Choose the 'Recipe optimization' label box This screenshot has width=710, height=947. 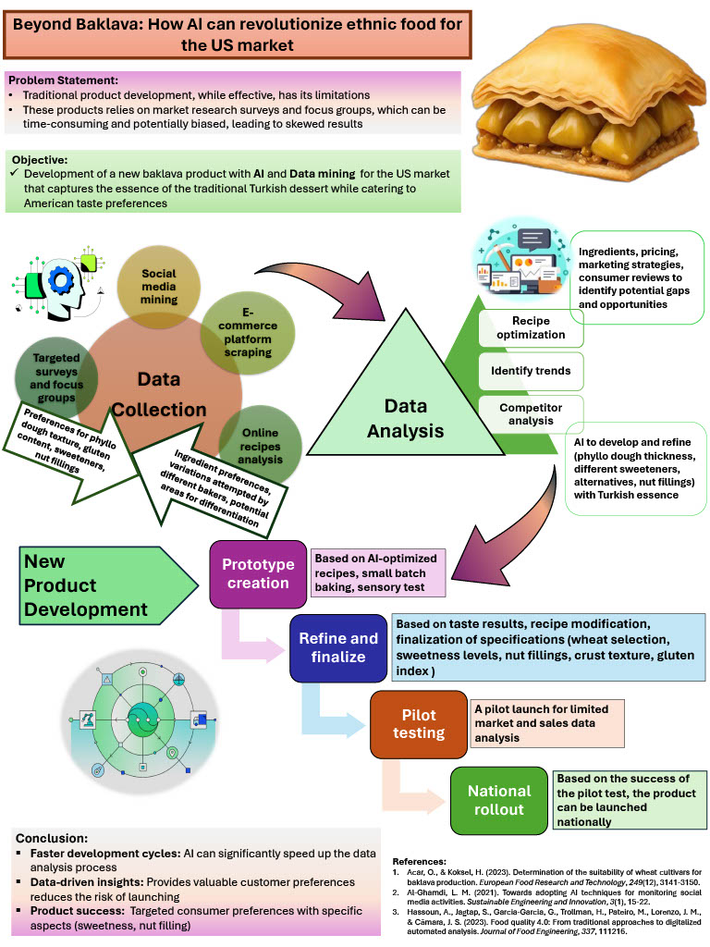coord(530,326)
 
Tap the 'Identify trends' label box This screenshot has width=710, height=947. coord(530,372)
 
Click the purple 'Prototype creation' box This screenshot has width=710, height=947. coord(258,573)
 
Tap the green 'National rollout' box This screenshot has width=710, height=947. coord(498,800)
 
